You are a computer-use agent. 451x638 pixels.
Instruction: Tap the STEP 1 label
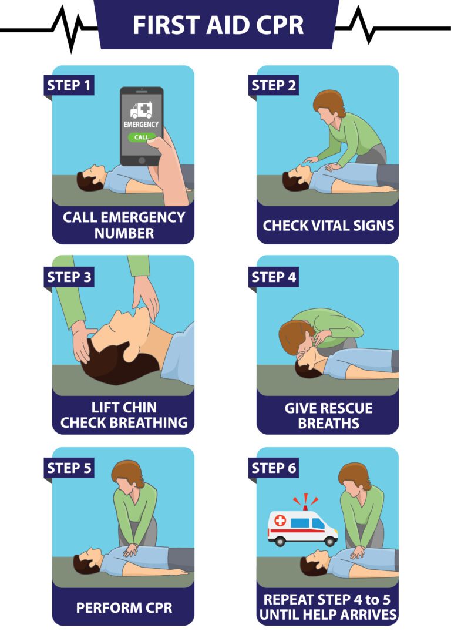coord(69,85)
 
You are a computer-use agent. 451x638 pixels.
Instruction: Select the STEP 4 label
coord(274,277)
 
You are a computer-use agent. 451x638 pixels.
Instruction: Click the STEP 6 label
coord(274,468)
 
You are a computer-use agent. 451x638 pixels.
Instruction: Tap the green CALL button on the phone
coord(142,137)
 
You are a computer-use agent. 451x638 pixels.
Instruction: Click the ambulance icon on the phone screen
coord(141,110)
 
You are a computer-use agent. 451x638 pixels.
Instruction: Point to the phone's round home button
coord(142,160)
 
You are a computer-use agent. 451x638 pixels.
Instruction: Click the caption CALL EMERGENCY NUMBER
coord(124,225)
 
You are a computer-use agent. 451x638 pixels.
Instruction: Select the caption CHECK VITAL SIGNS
coord(328,226)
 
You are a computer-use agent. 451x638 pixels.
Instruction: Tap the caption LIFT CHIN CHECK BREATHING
coord(124,415)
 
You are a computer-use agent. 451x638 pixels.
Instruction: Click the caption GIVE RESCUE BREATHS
coord(328,415)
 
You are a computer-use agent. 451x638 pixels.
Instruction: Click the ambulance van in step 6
coord(302,528)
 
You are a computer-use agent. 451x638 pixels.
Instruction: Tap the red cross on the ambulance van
coord(280,521)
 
